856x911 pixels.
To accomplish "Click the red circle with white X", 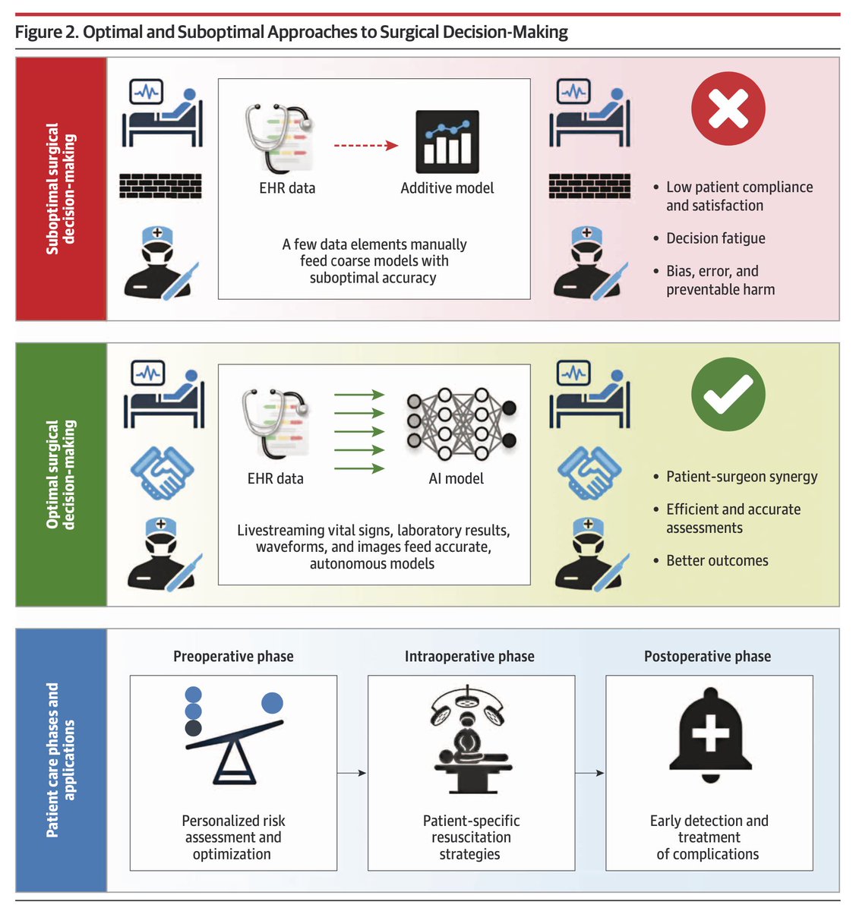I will pyautogui.click(x=728, y=109).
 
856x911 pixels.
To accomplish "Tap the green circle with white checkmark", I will pyautogui.click(x=728, y=395).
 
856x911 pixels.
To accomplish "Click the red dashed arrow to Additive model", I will pyautogui.click(x=366, y=146).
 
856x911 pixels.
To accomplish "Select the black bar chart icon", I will pyautogui.click(x=447, y=142).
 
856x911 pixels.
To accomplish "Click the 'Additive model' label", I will pyautogui.click(x=447, y=188).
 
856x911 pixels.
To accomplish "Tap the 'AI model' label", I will pyautogui.click(x=456, y=479).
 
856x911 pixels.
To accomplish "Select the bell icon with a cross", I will pyautogui.click(x=709, y=731).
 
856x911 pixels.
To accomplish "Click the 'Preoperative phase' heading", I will pyautogui.click(x=233, y=657).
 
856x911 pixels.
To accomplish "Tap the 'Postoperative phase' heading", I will pyautogui.click(x=707, y=657).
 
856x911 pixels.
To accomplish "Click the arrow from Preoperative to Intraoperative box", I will pyautogui.click(x=352, y=773).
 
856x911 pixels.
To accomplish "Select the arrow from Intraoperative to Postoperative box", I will pyautogui.click(x=590, y=773).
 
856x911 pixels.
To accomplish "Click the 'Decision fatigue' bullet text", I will pyautogui.click(x=715, y=238).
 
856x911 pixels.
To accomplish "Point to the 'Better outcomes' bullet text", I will pyautogui.click(x=717, y=561).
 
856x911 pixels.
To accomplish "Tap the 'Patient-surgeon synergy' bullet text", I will pyautogui.click(x=741, y=477).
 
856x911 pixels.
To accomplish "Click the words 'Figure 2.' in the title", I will pyautogui.click(x=46, y=32).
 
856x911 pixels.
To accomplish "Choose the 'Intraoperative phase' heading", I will pyautogui.click(x=469, y=657).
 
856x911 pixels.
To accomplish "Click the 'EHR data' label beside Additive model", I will pyautogui.click(x=287, y=188).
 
